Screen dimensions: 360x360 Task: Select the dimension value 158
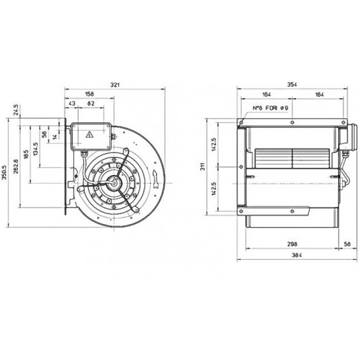click(90, 95)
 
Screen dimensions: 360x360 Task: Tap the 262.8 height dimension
click(15, 164)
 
